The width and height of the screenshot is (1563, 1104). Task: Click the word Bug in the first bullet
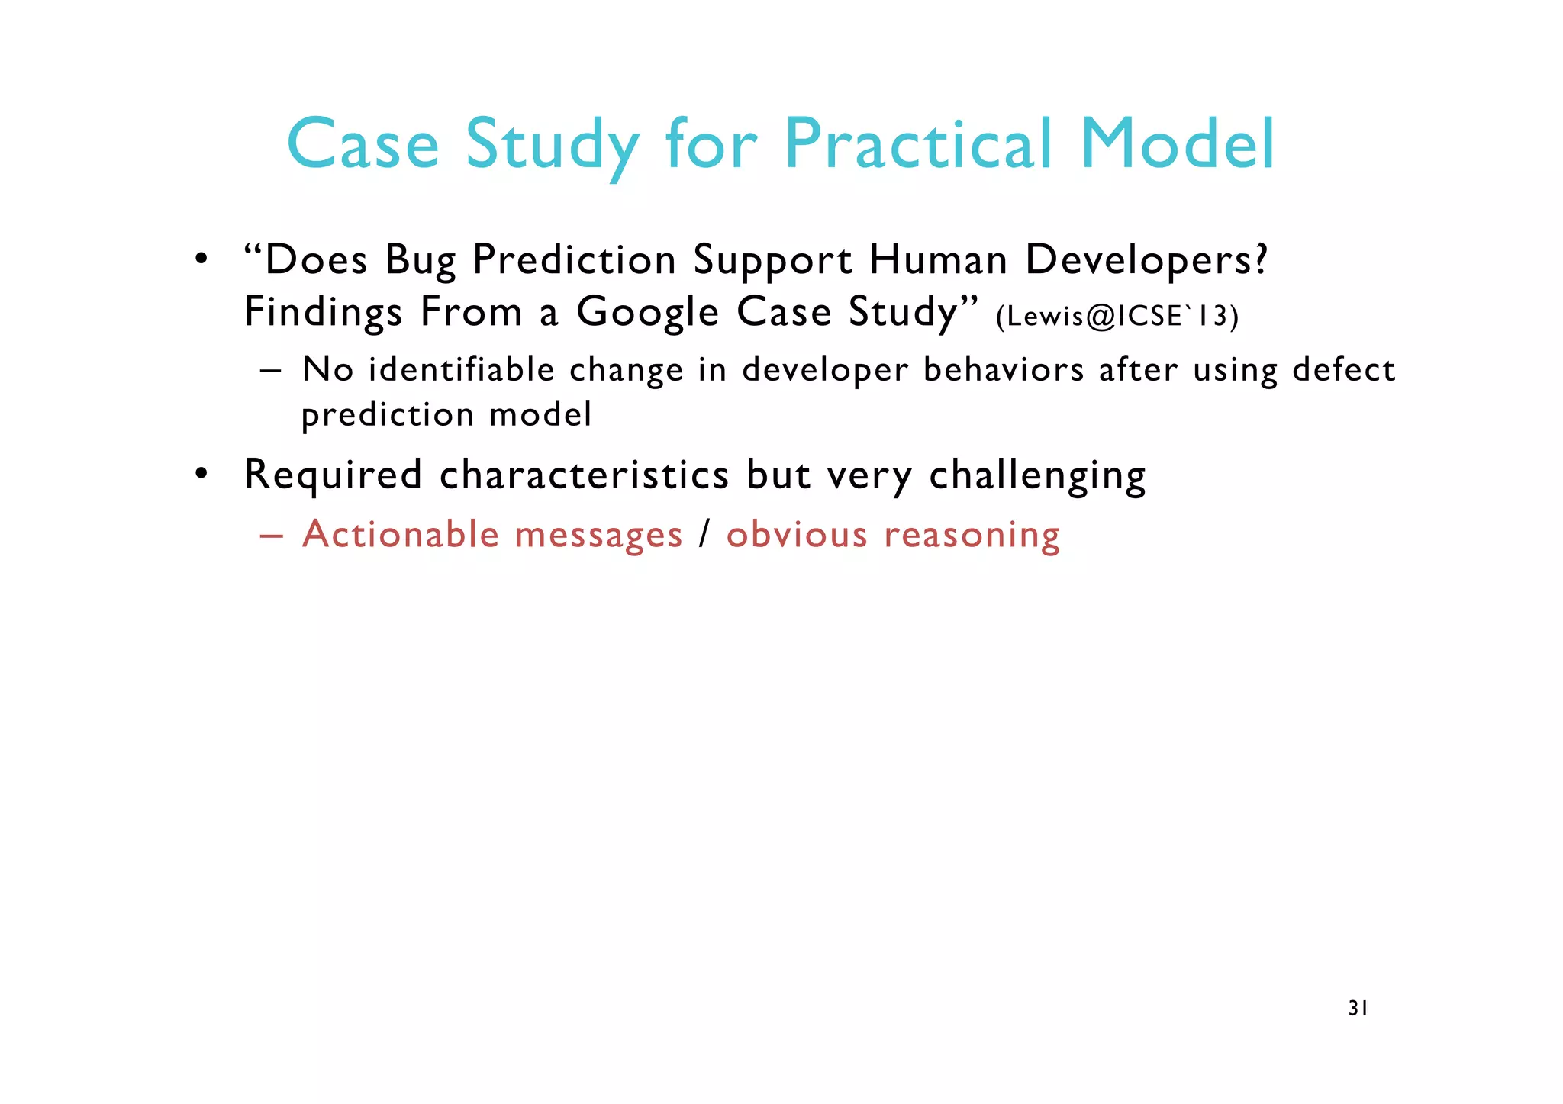coord(421,261)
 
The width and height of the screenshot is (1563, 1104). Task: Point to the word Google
coord(647,313)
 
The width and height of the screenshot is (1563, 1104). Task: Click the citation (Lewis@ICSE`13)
coord(1117,316)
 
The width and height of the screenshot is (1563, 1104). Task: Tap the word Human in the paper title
coord(939,260)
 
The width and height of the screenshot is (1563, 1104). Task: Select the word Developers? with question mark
coord(1146,260)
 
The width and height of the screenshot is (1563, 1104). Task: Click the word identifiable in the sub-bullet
coord(462,370)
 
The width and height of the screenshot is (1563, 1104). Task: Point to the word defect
coord(1344,370)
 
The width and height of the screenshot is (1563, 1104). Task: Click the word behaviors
coord(1004,370)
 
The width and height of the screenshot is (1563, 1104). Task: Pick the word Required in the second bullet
coord(333,475)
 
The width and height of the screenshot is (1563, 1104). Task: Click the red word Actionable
coord(401,534)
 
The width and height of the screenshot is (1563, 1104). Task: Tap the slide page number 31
coord(1358,1009)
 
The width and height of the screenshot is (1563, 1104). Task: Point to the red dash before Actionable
coord(271,536)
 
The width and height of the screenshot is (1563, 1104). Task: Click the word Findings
coord(323,313)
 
